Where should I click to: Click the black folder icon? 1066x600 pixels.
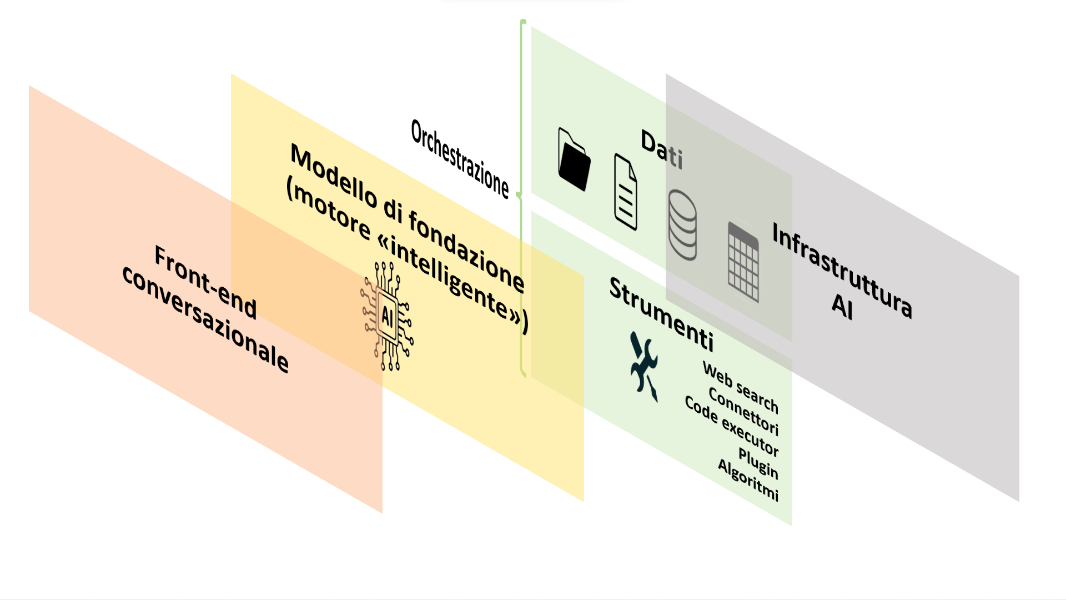coord(574,160)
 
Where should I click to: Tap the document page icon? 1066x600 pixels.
coord(626,192)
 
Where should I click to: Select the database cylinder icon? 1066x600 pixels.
coord(682,224)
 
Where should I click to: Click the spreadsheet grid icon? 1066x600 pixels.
coord(743,262)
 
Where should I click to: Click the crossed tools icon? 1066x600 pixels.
coord(644,366)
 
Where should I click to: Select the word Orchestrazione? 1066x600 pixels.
coord(460,159)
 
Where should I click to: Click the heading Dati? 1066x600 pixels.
coord(662,149)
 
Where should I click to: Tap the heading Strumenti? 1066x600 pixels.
coord(661,314)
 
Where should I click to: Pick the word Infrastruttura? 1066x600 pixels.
coord(842,271)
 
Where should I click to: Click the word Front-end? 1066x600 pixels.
coord(205,282)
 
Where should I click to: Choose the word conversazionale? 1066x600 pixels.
coord(205,319)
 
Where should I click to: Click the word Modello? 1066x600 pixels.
coord(333,175)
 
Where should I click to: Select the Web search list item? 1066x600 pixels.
coord(741,387)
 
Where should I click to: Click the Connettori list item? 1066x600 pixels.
coord(744,412)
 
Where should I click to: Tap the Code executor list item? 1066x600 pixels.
coord(732,426)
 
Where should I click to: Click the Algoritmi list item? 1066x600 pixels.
coord(748,479)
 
